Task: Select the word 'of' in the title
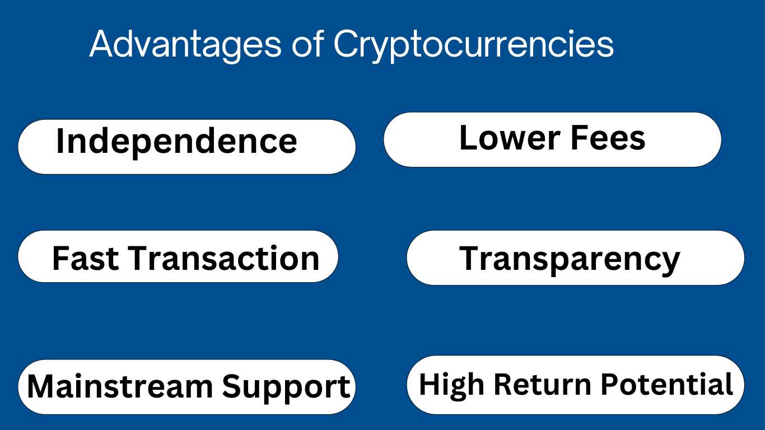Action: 307,44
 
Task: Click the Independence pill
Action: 187,147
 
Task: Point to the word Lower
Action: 510,138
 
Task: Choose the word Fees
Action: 608,138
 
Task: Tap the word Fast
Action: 85,258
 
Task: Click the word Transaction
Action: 223,258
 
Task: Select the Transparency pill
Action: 576,258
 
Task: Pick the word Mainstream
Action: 120,387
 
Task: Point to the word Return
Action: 543,384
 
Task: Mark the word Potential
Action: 666,384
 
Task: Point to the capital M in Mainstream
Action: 41,386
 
